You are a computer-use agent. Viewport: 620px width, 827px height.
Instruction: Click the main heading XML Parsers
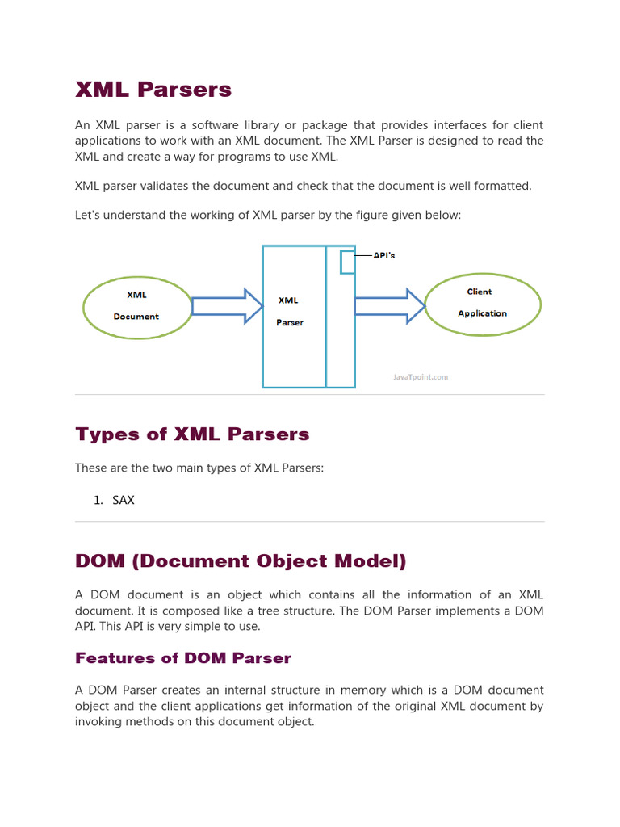coord(153,90)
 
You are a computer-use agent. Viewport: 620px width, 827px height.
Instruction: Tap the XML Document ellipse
coord(136,306)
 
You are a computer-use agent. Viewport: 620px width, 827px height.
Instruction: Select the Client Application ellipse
coord(482,303)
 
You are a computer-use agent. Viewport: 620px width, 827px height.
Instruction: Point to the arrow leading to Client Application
coord(389,305)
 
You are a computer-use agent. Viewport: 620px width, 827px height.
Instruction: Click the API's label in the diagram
coord(384,255)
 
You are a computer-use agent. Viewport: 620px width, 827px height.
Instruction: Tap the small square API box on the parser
coord(347,262)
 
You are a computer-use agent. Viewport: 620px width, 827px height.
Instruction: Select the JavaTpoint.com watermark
coord(421,376)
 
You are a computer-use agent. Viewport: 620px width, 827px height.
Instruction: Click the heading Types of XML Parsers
coord(192,434)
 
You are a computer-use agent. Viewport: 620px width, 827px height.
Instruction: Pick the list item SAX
coord(124,500)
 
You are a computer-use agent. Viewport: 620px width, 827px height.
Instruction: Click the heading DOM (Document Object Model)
coord(241,560)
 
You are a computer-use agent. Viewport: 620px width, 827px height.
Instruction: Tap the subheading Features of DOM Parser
coord(183,658)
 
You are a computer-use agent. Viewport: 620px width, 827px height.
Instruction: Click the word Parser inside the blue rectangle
coord(290,322)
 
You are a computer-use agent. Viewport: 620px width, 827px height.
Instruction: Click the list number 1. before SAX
coord(98,500)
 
